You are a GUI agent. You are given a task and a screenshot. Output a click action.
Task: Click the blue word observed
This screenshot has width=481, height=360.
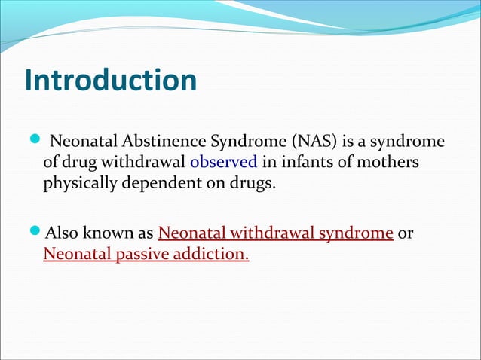[223, 162]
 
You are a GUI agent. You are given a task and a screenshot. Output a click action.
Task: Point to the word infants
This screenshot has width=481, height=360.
[302, 162]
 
